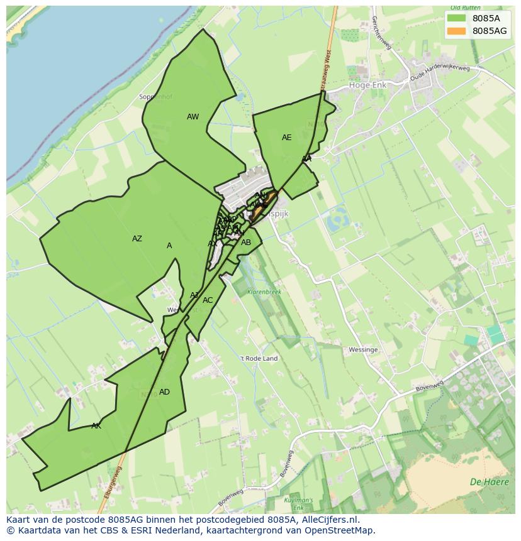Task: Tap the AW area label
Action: click(x=193, y=117)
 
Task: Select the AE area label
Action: click(x=287, y=138)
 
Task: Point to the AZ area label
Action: click(x=137, y=239)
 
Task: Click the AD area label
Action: click(x=164, y=392)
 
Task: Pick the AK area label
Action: click(x=96, y=426)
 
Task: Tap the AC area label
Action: click(x=208, y=300)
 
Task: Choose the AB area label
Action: click(x=246, y=243)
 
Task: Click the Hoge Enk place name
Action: click(x=368, y=85)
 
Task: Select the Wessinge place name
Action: click(x=363, y=350)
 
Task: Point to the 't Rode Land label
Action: click(x=259, y=359)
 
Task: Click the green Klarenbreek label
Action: click(x=264, y=292)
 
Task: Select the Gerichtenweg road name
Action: click(x=382, y=33)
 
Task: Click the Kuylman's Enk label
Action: click(x=300, y=502)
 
